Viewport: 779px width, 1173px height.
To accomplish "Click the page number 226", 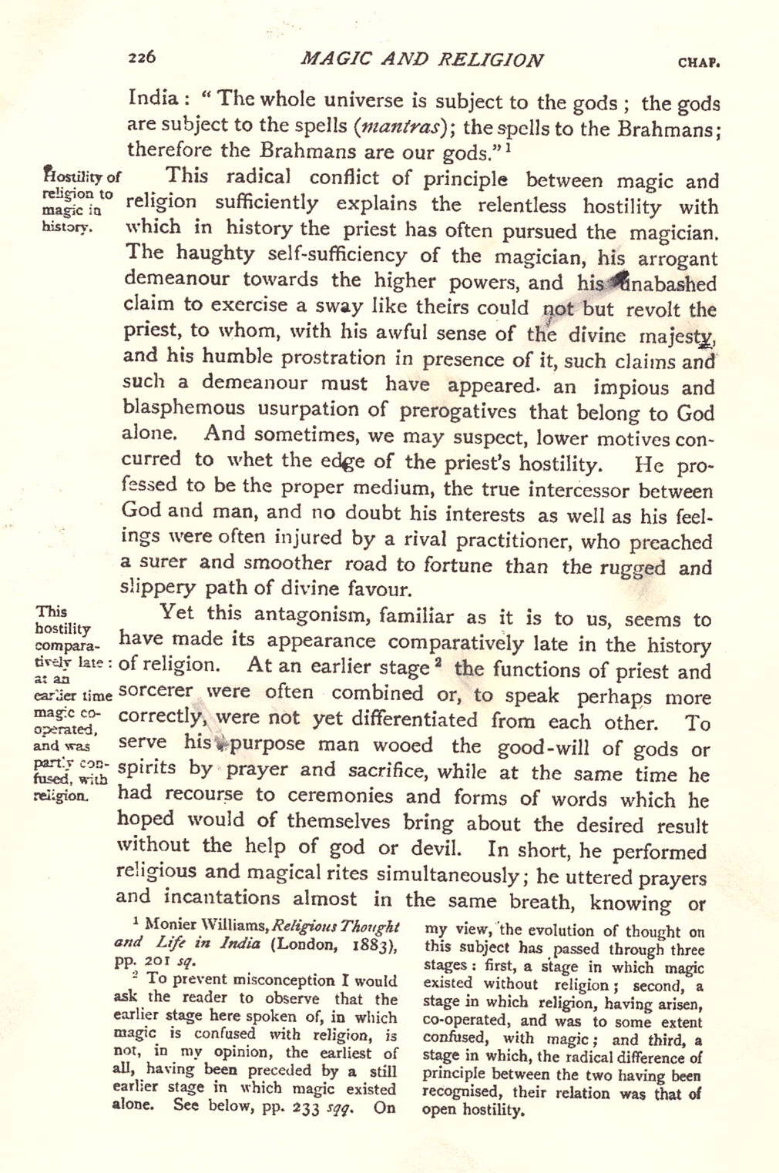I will pos(143,57).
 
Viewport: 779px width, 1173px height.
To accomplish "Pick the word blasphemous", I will pos(183,408).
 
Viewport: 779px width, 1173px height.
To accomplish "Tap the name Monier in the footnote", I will pos(170,923).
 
